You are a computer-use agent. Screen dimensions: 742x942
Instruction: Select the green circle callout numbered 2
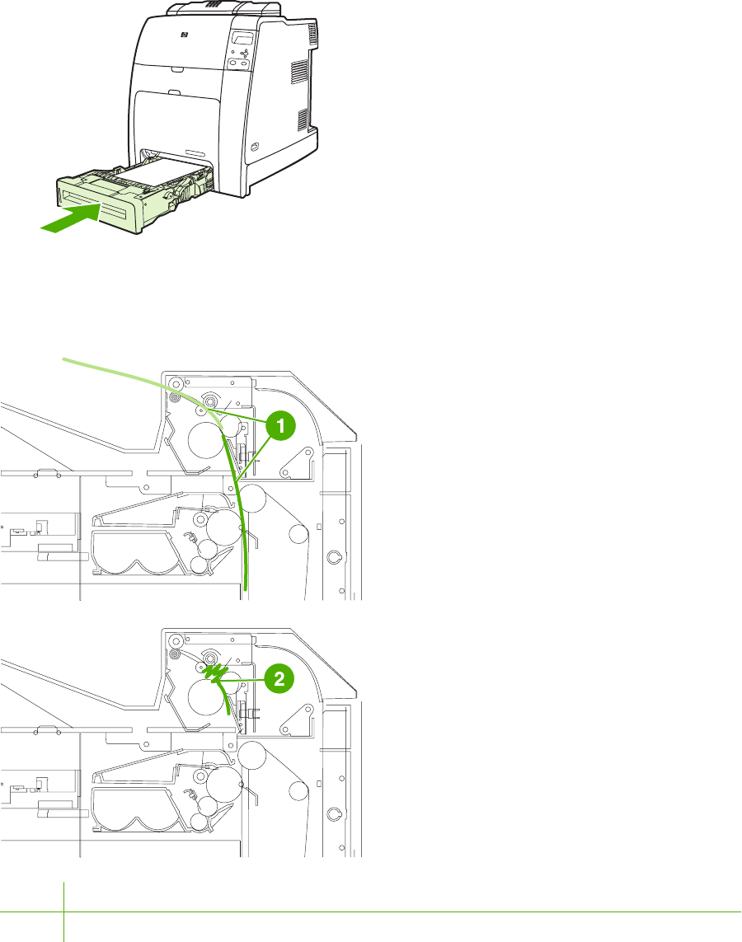coord(280,680)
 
